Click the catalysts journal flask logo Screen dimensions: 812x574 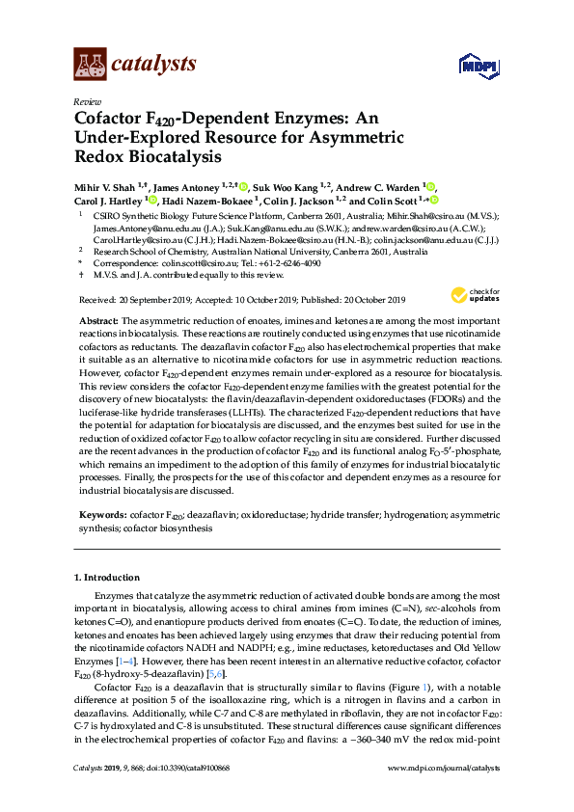(x=90, y=65)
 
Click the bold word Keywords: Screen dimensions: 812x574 (x=100, y=517)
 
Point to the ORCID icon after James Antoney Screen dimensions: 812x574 (x=244, y=186)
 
